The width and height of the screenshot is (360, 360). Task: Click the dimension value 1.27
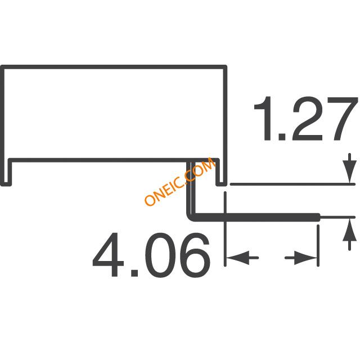tap(305, 119)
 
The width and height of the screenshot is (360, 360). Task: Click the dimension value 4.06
tap(151, 254)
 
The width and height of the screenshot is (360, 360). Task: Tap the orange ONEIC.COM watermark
tap(180, 181)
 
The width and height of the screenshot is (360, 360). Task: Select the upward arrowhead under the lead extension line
tap(349, 230)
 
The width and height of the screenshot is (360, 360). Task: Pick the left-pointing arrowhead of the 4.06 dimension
tap(238, 258)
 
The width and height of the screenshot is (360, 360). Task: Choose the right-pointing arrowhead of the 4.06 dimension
tap(305, 258)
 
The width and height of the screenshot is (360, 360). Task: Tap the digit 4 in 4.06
tap(109, 254)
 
